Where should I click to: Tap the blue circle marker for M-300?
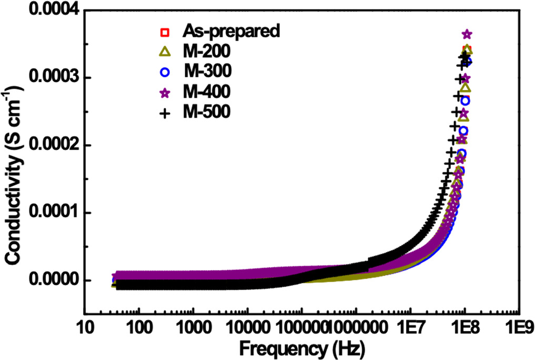click(x=165, y=72)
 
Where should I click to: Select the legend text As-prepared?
click(x=230, y=31)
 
